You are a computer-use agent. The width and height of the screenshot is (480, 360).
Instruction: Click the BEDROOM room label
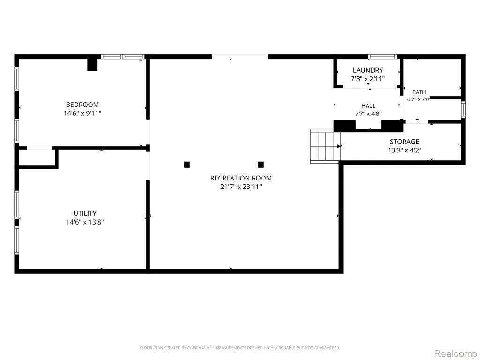pos(82,105)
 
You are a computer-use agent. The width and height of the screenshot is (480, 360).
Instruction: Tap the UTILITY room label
pos(85,213)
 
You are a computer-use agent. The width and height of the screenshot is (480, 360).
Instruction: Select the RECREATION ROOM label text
pos(241,178)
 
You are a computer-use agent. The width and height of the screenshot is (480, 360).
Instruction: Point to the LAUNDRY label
pos(367,70)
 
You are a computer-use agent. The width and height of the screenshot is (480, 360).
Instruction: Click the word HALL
pos(368,106)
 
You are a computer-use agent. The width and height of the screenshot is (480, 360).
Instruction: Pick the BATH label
pos(419,92)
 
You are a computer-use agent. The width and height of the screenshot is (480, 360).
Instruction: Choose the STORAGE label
pos(405,142)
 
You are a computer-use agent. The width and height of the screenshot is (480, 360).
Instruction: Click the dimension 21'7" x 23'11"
pos(241,187)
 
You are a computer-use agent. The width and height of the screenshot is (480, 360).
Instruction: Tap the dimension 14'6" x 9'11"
pos(82,113)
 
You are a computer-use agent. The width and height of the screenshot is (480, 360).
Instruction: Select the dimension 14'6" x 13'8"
pos(85,222)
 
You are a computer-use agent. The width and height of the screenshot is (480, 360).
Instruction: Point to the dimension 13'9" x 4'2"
pos(405,150)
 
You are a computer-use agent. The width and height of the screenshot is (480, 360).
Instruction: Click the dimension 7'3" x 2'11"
pos(367,79)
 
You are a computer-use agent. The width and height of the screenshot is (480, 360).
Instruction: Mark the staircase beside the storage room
pos(325,146)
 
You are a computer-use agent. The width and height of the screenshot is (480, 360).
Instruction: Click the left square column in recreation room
pos(187,165)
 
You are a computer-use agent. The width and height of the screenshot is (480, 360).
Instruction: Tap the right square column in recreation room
pos(261,165)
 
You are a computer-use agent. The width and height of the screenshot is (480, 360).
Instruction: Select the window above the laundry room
pos(382,57)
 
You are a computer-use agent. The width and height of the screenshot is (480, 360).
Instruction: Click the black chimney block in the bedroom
pos(92,64)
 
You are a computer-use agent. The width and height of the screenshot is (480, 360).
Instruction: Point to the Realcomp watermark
pos(456,353)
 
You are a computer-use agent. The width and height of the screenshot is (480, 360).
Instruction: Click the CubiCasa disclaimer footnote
pos(240,348)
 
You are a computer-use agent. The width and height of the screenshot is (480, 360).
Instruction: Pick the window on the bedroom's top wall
pos(122,57)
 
